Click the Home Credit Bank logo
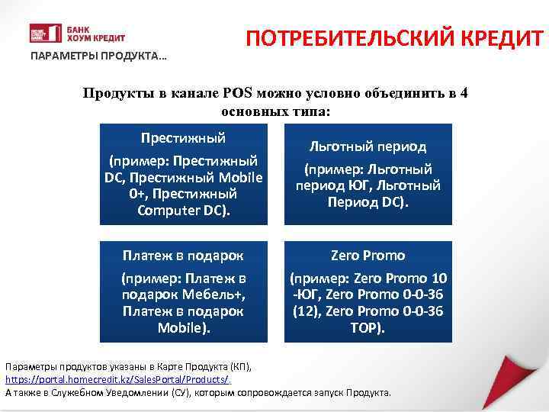[x=77, y=34]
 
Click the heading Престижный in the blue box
[x=183, y=138]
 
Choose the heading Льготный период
[x=367, y=146]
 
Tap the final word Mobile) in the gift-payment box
[x=183, y=328]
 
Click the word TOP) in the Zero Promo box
[x=368, y=328]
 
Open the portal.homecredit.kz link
[x=117, y=379]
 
